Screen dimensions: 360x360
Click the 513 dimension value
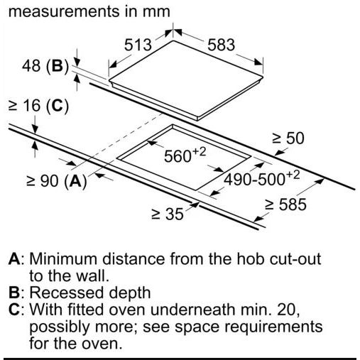tap(138, 45)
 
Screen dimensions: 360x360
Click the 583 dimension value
tap(222, 45)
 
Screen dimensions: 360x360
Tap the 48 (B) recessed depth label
tap(45, 66)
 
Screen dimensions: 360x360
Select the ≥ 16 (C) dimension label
tap(38, 106)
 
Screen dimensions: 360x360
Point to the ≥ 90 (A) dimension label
tap(57, 181)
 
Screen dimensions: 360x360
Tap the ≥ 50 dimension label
tap(288, 138)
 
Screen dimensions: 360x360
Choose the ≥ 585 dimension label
tap(285, 204)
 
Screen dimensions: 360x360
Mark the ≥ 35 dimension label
tap(168, 214)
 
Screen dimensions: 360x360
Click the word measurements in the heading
tap(64, 11)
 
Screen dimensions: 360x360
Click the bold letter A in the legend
tap(14, 258)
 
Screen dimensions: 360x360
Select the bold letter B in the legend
tap(14, 293)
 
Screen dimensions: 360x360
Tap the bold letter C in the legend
tap(14, 310)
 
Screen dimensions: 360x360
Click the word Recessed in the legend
tap(67, 293)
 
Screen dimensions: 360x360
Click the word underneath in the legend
tap(192, 310)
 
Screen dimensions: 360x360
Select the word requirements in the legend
tap(273, 327)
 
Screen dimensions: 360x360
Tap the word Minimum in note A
tap(63, 258)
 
